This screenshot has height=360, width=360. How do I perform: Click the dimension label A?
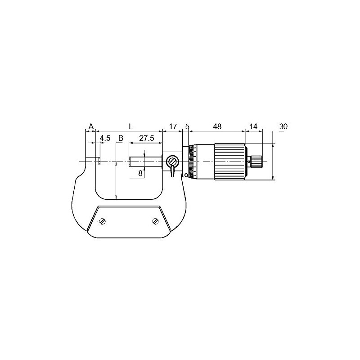coord(90,126)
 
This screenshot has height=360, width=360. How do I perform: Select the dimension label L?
coord(130,126)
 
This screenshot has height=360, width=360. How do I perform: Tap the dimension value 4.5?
coord(105,138)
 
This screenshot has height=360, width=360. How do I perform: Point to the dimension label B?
coord(120,138)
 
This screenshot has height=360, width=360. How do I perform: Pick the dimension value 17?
coord(172,126)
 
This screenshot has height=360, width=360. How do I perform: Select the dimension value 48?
coord(217,126)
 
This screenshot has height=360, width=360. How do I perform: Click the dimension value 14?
coord(253,126)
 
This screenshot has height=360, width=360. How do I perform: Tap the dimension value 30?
coord(283,126)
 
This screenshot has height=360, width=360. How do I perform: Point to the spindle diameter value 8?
coord(140,173)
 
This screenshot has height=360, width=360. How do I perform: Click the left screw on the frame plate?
coord(103,221)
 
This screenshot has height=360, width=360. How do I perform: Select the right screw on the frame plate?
coord(155,221)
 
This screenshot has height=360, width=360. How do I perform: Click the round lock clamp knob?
coord(172,162)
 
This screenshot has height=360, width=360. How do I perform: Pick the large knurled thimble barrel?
coord(229,162)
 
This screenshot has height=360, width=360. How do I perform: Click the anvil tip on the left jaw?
coord(97,161)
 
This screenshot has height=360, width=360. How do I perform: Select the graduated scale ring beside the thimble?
coord(192,162)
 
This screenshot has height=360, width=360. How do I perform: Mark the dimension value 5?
coord(187,126)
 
